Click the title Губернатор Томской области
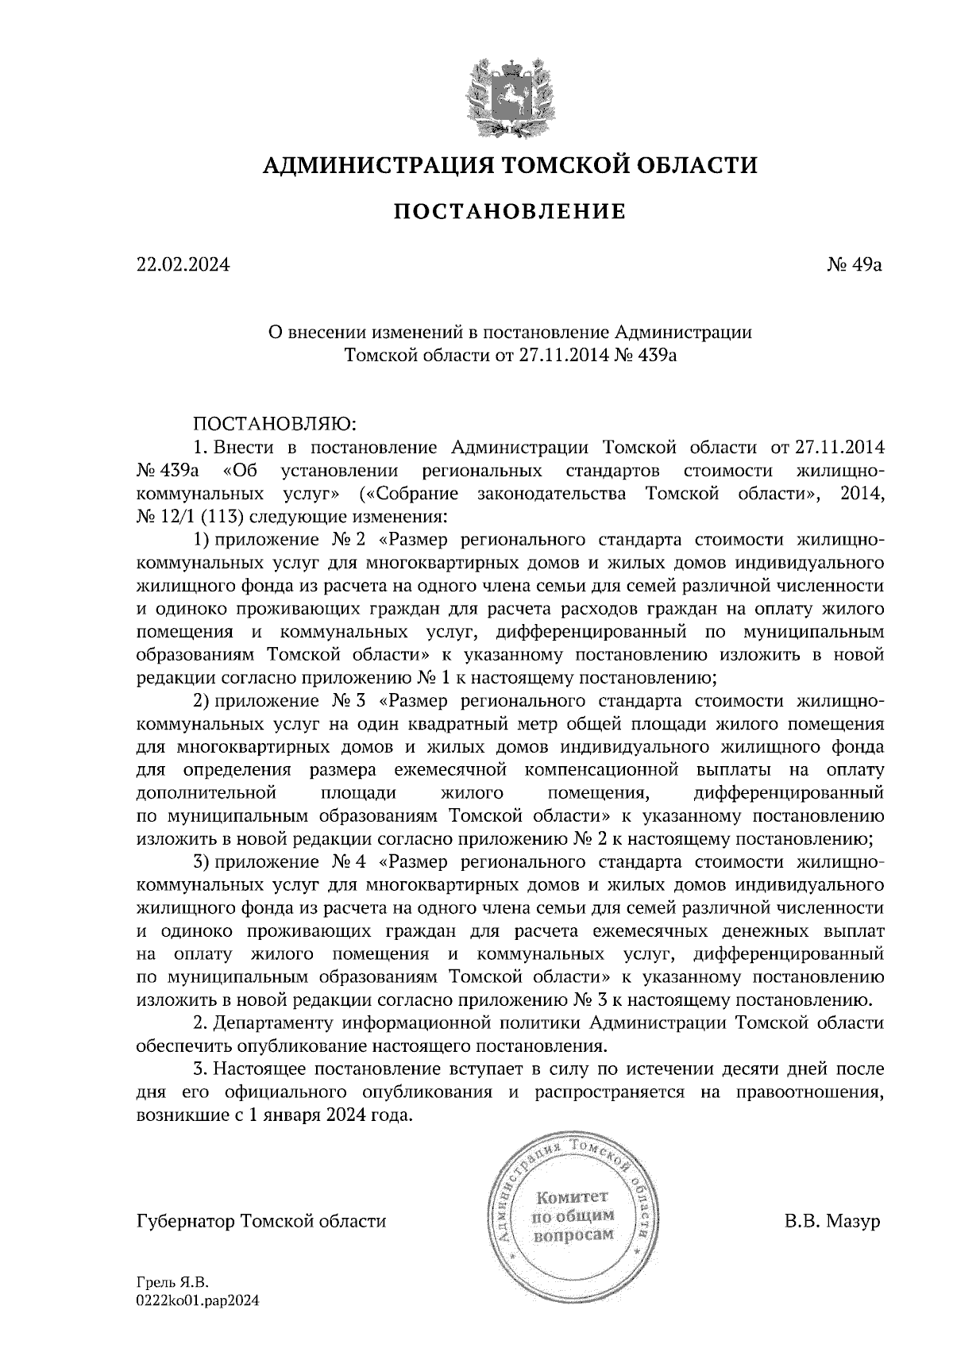(261, 1221)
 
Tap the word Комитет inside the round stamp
(573, 1196)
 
